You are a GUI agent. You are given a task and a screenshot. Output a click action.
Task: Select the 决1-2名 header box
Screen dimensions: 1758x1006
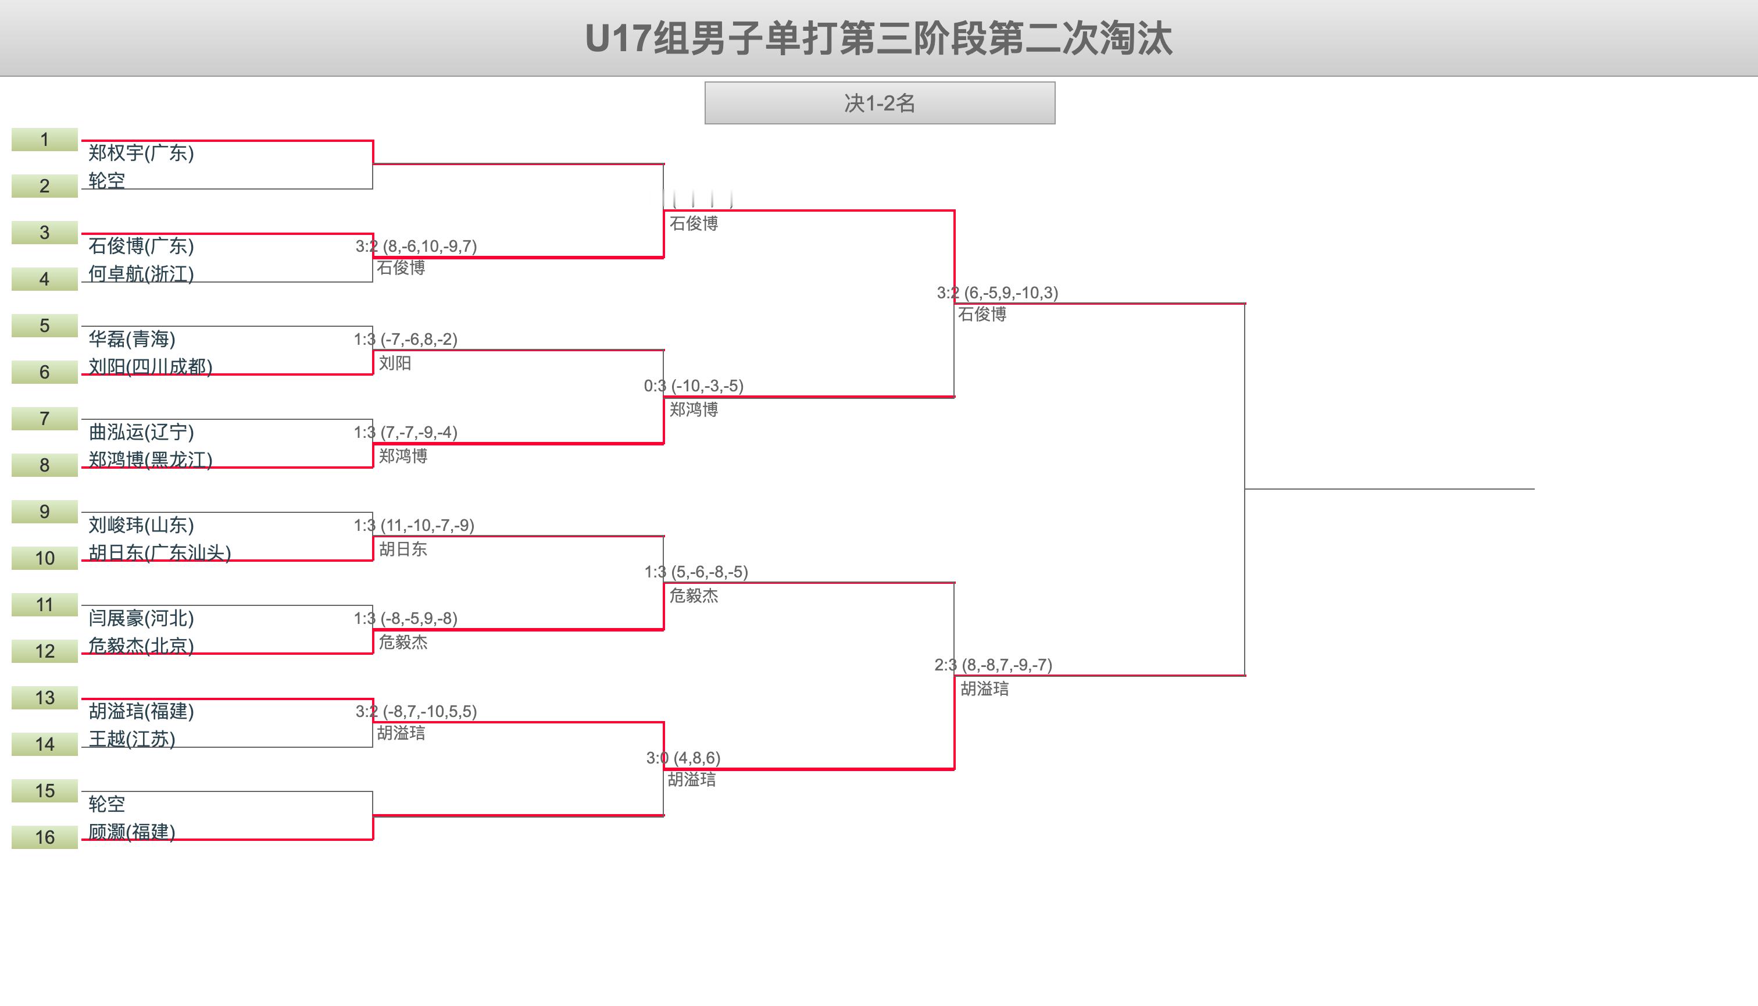pos(880,103)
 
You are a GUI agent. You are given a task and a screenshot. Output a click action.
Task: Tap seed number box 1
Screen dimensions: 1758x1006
pos(44,140)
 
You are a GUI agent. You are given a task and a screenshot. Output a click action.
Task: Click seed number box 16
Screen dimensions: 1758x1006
pos(44,837)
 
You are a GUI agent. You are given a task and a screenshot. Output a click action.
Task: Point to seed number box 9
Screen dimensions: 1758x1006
pos(44,512)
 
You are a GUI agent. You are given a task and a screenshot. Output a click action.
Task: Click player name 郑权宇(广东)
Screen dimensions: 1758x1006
pos(141,153)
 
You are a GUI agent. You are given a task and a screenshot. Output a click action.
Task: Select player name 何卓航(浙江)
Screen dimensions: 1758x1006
pos(141,274)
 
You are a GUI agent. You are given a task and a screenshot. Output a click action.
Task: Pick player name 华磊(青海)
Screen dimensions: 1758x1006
pos(132,339)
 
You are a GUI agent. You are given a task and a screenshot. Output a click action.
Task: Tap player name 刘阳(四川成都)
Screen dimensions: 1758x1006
pos(150,366)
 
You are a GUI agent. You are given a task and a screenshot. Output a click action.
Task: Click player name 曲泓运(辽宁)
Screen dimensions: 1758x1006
pos(141,433)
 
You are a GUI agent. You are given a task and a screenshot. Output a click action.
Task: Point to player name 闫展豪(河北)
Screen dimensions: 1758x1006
pos(141,618)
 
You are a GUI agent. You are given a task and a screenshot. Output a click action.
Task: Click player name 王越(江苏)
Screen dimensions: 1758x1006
pos(132,739)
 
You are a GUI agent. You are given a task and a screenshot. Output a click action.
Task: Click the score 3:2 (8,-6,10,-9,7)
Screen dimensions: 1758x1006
pos(416,247)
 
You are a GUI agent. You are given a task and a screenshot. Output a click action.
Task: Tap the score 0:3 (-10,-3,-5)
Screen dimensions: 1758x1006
pos(694,386)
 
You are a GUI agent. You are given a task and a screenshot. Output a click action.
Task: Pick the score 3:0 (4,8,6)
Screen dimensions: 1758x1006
pos(683,758)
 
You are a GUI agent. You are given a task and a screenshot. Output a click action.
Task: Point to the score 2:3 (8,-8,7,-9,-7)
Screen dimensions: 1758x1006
pos(992,665)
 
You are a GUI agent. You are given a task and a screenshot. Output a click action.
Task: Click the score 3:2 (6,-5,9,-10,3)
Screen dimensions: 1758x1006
pos(997,293)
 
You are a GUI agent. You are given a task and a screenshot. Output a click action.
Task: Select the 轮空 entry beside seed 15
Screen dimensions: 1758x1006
pos(106,804)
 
